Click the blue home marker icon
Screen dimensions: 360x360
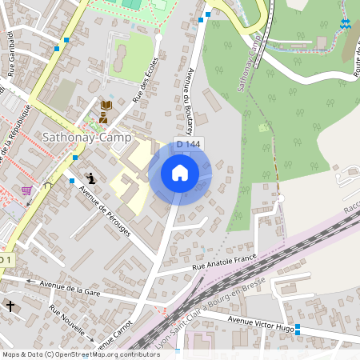click(180, 172)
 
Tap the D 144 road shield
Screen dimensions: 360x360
click(188, 144)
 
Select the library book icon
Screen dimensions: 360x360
click(105, 106)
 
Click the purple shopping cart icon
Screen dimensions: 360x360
click(27, 190)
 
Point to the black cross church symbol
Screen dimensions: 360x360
click(10, 306)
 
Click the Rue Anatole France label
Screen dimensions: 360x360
click(225, 262)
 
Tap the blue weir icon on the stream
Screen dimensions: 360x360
click(345, 23)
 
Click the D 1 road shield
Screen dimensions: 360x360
click(6, 260)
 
